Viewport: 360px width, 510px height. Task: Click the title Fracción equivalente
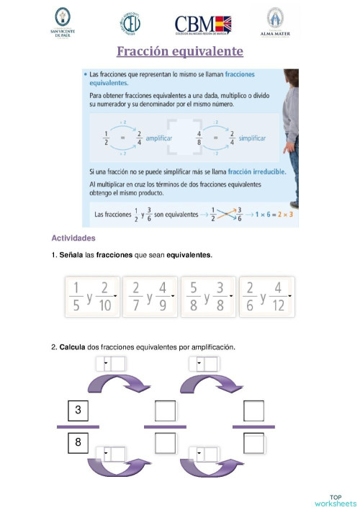181,52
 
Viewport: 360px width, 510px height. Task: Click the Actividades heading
73,238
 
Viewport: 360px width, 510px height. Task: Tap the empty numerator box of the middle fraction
166,411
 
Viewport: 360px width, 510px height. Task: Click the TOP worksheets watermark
335,500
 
